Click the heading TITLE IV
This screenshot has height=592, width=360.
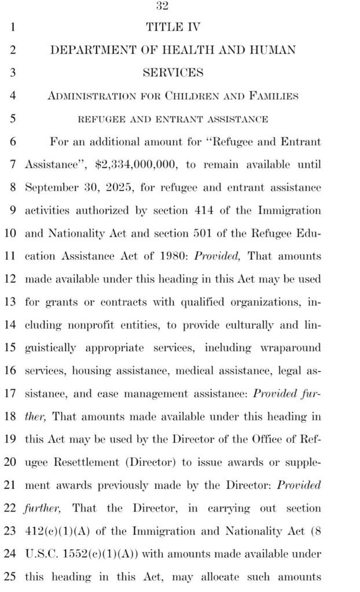click(x=172, y=27)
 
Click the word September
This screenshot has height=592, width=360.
click(x=50, y=188)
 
